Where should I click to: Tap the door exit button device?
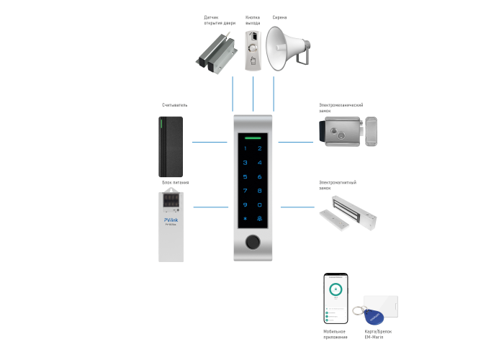pyautogui.click(x=253, y=50)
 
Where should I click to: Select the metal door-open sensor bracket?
pyautogui.click(x=217, y=53)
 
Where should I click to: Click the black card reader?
pyautogui.click(x=171, y=147)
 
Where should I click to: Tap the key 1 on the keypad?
pyautogui.click(x=245, y=148)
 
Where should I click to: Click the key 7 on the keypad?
pyautogui.click(x=245, y=191)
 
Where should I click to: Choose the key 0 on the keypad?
pyautogui.click(x=259, y=205)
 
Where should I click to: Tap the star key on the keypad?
pyautogui.click(x=245, y=220)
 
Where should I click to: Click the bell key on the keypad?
pyautogui.click(x=259, y=220)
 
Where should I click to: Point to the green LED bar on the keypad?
pyautogui.click(x=253, y=135)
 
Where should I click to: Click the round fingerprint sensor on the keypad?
pyautogui.click(x=253, y=243)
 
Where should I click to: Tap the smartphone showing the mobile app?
pyautogui.click(x=335, y=298)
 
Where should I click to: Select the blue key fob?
pyautogui.click(x=375, y=316)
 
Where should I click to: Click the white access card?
pyautogui.click(x=381, y=305)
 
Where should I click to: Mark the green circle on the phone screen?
pyautogui.click(x=335, y=290)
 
